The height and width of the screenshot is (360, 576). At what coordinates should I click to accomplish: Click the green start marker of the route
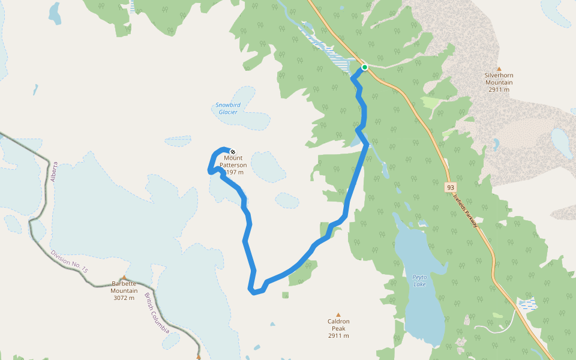point(364,67)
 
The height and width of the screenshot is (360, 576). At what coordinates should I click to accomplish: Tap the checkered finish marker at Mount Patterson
point(232,152)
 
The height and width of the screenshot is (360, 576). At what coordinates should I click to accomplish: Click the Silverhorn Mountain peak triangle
point(499,68)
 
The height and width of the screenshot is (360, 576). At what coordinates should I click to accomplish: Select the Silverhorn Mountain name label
point(499,79)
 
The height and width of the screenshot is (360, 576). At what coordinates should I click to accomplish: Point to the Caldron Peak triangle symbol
point(338,314)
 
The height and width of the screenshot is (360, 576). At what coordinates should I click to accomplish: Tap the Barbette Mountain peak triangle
point(124,278)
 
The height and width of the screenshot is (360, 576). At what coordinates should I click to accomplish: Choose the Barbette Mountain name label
point(124,287)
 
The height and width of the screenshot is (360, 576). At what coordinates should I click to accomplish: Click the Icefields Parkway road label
point(466,210)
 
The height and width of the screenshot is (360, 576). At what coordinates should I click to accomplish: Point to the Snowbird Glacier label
point(228,109)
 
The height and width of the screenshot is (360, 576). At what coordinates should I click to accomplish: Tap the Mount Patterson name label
point(233,161)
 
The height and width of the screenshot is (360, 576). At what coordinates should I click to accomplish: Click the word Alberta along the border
point(55,172)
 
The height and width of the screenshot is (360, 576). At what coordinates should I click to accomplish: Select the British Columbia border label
point(157,314)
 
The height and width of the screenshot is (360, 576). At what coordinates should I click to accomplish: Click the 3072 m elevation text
point(124,298)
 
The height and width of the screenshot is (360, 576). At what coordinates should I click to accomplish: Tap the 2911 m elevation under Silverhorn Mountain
point(499,90)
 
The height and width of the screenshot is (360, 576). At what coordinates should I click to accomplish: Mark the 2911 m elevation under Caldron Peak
point(338,335)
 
